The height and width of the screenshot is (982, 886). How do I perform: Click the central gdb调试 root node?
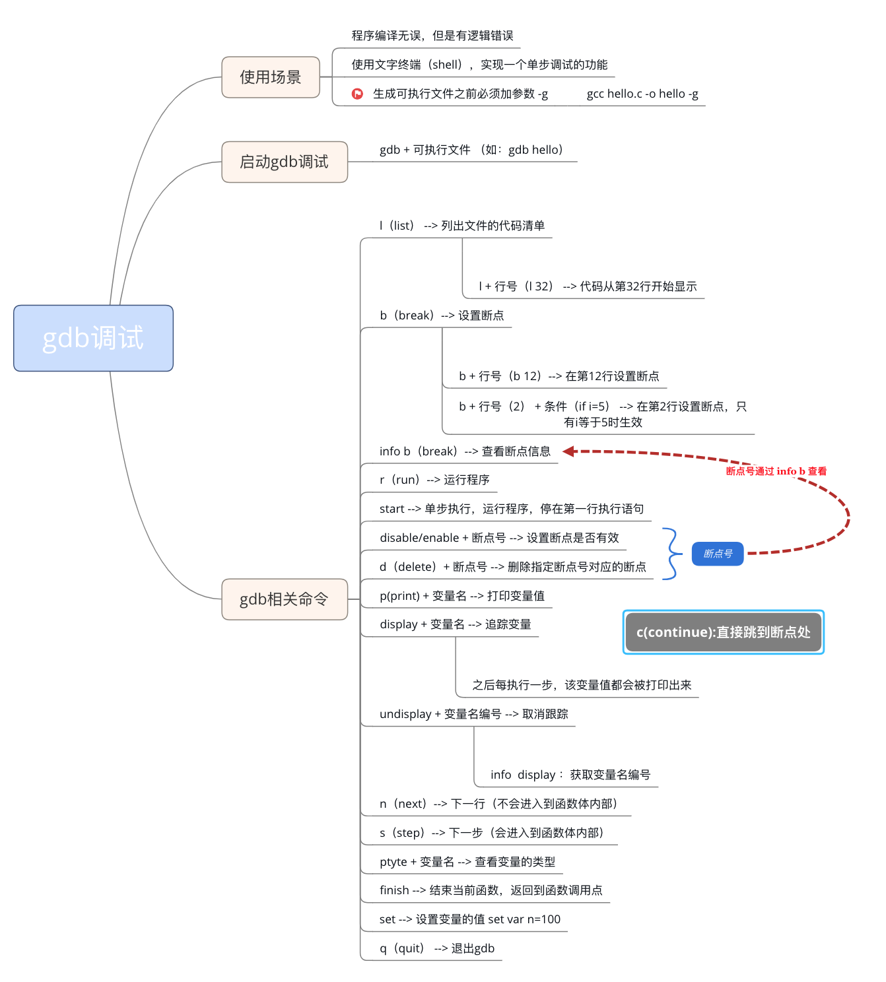click(93, 338)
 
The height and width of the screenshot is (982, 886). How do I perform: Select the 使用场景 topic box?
click(271, 77)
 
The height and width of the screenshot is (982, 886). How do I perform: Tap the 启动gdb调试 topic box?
click(284, 162)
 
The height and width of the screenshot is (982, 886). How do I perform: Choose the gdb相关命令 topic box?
click(284, 599)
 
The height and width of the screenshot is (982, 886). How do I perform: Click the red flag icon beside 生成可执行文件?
click(357, 94)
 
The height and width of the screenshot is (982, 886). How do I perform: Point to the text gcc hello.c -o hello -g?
click(642, 94)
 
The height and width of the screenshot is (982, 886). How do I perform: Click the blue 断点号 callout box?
click(718, 554)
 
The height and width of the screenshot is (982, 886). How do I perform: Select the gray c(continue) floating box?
click(723, 632)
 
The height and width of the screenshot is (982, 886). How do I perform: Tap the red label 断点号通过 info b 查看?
click(776, 471)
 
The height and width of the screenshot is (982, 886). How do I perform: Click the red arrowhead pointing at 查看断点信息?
click(568, 451)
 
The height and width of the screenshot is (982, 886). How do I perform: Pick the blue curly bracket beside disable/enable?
click(671, 554)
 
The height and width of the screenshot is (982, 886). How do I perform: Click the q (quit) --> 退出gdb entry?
click(436, 948)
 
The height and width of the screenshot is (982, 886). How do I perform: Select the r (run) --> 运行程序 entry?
click(434, 480)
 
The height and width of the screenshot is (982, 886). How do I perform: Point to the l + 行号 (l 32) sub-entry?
click(587, 286)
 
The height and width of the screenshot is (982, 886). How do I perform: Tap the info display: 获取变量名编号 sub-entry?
click(570, 775)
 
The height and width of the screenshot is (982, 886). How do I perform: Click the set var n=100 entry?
click(469, 919)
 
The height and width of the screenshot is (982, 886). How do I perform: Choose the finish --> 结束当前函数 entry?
click(491, 890)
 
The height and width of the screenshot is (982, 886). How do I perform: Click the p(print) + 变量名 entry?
click(461, 596)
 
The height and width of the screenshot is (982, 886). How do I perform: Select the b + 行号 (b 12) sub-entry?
click(559, 376)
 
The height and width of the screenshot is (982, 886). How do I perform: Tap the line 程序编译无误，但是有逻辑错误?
click(432, 36)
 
